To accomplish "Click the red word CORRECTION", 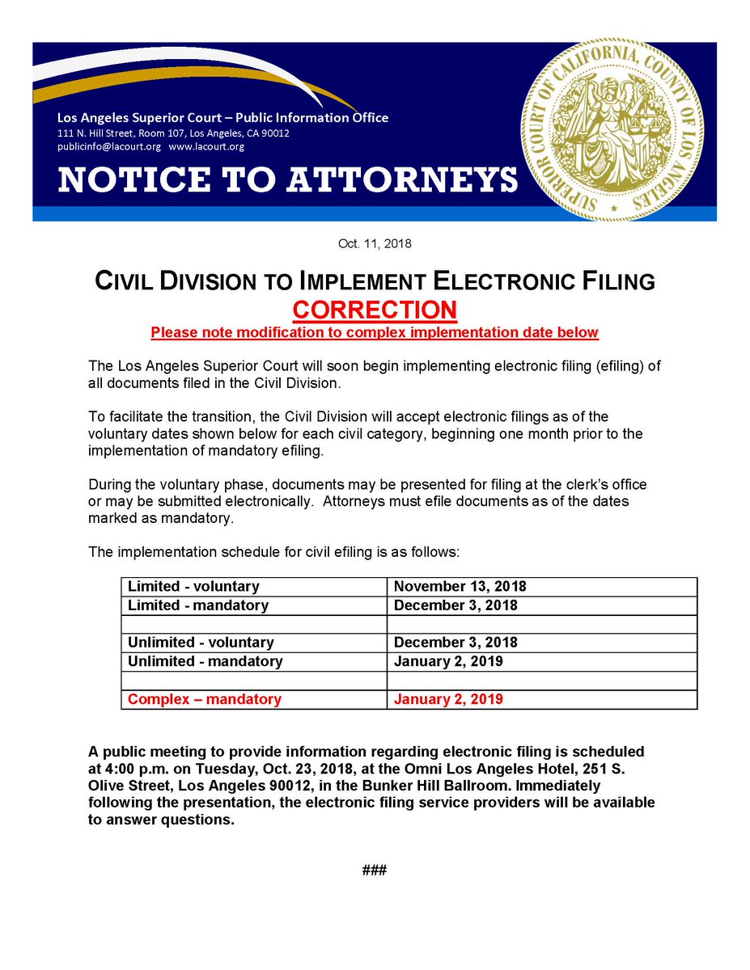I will click(375, 310).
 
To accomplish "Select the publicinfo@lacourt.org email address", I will click(109, 147).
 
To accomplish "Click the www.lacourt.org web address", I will click(206, 147).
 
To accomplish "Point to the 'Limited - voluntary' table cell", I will click(193, 587).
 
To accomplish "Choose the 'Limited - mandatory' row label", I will click(198, 605).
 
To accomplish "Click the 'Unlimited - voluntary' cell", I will click(201, 643).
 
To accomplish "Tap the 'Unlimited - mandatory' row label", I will click(206, 661).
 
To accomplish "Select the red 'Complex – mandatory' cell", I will click(205, 699).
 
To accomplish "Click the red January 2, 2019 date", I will click(448, 699).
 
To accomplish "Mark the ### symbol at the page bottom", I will click(375, 871).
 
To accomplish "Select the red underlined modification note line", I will click(375, 332).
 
